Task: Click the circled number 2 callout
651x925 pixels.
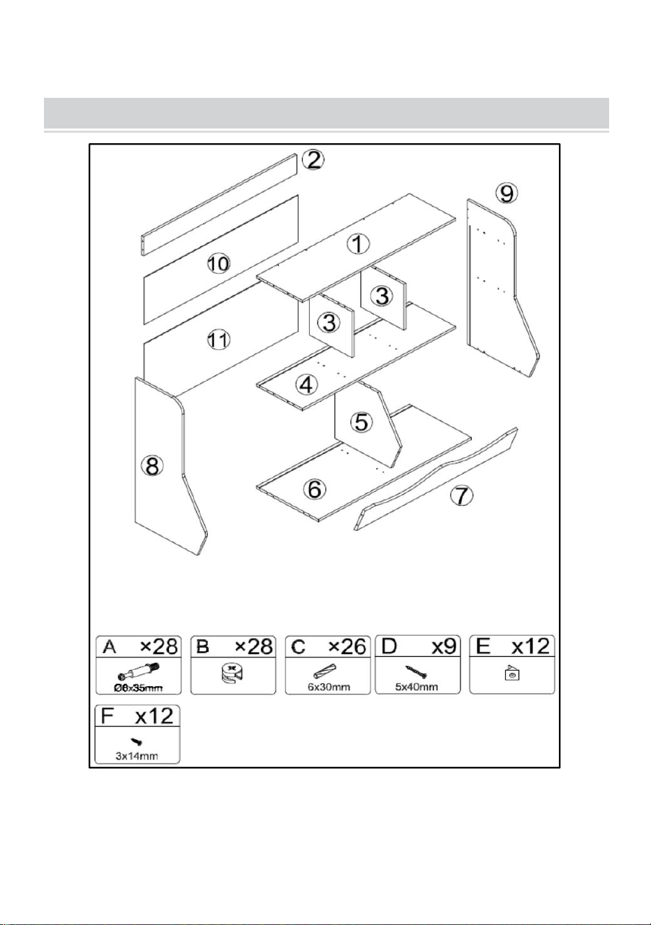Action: click(313, 160)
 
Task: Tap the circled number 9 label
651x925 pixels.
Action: click(507, 194)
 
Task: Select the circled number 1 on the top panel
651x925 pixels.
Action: click(358, 244)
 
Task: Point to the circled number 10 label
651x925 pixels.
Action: click(218, 263)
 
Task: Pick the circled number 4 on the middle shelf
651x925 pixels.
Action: click(306, 385)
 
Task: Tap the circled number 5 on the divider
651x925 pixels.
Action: click(361, 422)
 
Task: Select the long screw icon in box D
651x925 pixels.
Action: click(416, 672)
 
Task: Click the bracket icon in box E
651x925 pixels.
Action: click(512, 673)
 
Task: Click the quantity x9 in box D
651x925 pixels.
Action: click(444, 647)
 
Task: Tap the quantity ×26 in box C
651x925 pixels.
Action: click(347, 647)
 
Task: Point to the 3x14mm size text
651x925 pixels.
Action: click(137, 757)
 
